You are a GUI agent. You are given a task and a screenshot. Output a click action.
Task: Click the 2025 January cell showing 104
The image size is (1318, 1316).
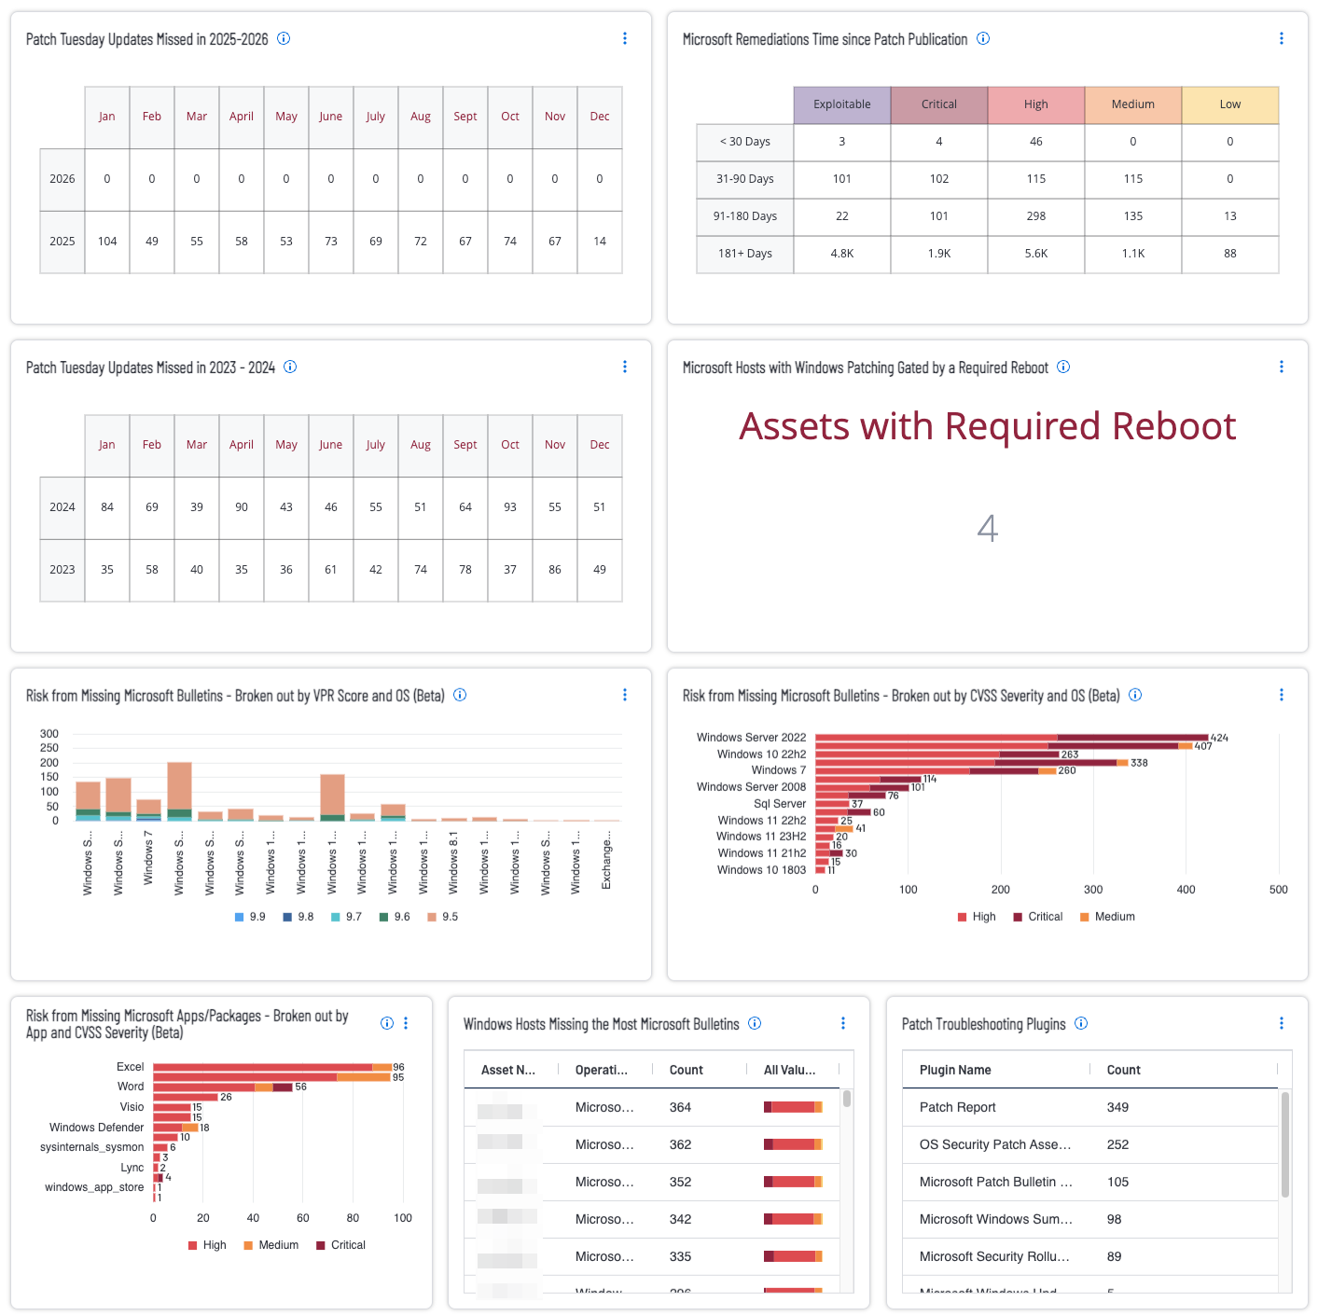[107, 242]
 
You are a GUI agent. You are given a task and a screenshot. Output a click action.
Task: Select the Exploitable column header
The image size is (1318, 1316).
[841, 104]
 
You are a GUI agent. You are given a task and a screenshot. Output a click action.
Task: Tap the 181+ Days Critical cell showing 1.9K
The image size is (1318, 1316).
[938, 254]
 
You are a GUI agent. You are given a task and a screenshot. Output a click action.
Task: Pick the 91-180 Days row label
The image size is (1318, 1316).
[744, 216]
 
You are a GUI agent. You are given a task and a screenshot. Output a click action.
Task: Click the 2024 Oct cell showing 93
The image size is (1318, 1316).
[509, 507]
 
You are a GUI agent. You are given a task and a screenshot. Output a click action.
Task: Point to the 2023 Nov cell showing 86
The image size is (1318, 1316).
[554, 570]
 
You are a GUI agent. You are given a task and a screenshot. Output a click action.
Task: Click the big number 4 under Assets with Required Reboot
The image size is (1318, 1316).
[987, 529]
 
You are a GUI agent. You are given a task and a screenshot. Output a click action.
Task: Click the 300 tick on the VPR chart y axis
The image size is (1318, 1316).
[49, 734]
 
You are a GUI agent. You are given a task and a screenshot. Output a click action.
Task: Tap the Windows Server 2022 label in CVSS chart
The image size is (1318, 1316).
[751, 738]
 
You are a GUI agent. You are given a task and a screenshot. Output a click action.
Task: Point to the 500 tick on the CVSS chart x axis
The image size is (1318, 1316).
[1278, 890]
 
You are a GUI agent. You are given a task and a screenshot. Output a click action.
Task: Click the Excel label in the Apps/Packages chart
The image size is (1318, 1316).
[130, 1067]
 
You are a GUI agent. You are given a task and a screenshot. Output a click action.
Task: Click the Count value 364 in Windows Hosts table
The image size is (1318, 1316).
[680, 1107]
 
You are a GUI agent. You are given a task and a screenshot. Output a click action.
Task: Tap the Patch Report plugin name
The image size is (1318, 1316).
[957, 1107]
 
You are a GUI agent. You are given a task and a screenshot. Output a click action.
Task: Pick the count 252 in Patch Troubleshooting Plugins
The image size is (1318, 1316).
[1117, 1144]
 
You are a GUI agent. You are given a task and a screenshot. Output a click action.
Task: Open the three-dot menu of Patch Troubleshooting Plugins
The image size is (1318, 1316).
[1281, 1023]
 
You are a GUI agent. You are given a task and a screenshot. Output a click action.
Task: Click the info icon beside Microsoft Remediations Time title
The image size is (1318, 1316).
[983, 38]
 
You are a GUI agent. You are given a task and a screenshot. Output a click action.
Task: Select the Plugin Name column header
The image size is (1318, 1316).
[955, 1070]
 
